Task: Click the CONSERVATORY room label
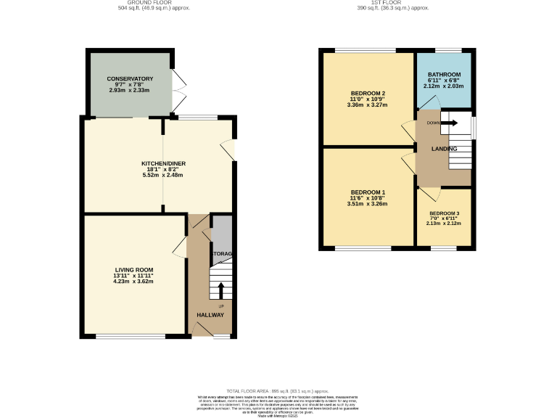130,78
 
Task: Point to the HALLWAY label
211,314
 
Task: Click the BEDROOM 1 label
368,192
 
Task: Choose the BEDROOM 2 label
368,93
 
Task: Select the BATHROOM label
444,74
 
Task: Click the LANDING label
444,149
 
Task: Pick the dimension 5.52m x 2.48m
162,175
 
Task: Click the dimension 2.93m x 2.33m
130,90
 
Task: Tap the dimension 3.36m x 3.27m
368,104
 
